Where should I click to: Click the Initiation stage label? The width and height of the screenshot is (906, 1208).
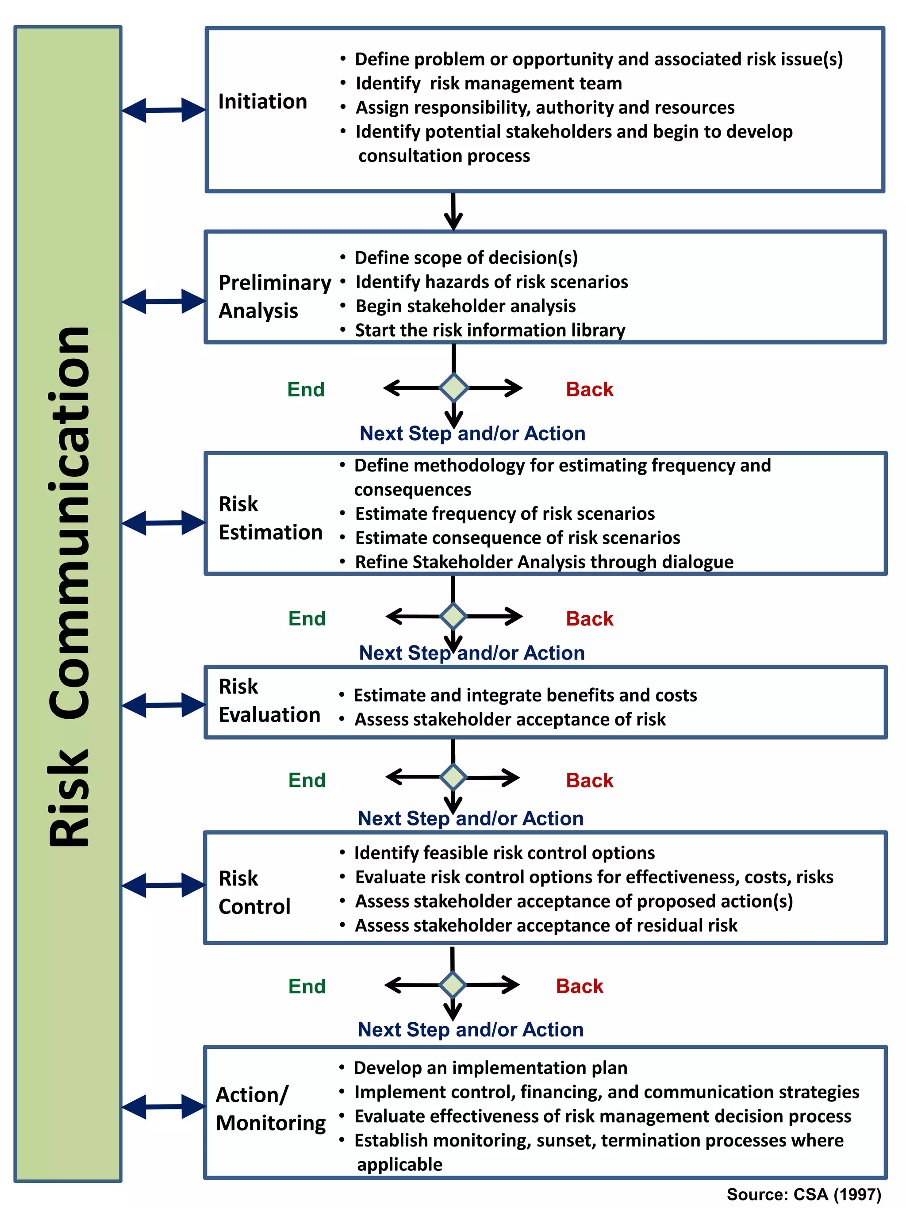pos(262,102)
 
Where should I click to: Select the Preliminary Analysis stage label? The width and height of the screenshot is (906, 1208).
pos(274,296)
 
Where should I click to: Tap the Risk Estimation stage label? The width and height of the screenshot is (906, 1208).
pos(270,518)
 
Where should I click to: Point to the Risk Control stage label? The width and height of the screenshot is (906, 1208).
pos(254,892)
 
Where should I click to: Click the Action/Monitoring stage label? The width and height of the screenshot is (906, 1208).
pos(270,1108)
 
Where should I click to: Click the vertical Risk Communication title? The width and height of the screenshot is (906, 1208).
pos(69,587)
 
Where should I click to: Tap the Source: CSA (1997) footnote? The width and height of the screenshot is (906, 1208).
pos(803,1194)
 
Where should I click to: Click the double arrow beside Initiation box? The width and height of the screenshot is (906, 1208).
pos(163,110)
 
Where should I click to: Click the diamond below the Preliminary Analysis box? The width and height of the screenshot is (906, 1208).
pos(454,388)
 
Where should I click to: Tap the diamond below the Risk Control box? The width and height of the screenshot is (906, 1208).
pos(453,985)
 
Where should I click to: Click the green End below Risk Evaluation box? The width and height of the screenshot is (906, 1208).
pos(307,780)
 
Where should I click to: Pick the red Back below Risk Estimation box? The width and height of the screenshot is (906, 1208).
pos(589,619)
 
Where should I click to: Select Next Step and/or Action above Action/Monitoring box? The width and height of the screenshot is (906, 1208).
pos(470,1029)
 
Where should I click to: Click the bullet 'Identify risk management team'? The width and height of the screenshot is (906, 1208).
pos(488,84)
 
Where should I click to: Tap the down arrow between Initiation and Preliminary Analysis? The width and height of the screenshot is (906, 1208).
pos(453,212)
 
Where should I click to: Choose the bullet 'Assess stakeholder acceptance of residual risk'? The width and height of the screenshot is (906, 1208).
pos(545,925)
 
